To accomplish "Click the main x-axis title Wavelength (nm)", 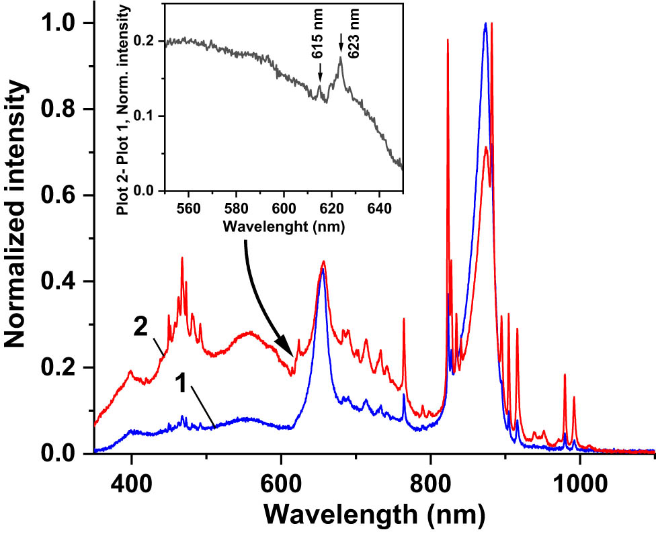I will tap(373, 515).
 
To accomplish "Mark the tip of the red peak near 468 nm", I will tap(181, 259).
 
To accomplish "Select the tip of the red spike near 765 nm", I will tap(404, 319).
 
